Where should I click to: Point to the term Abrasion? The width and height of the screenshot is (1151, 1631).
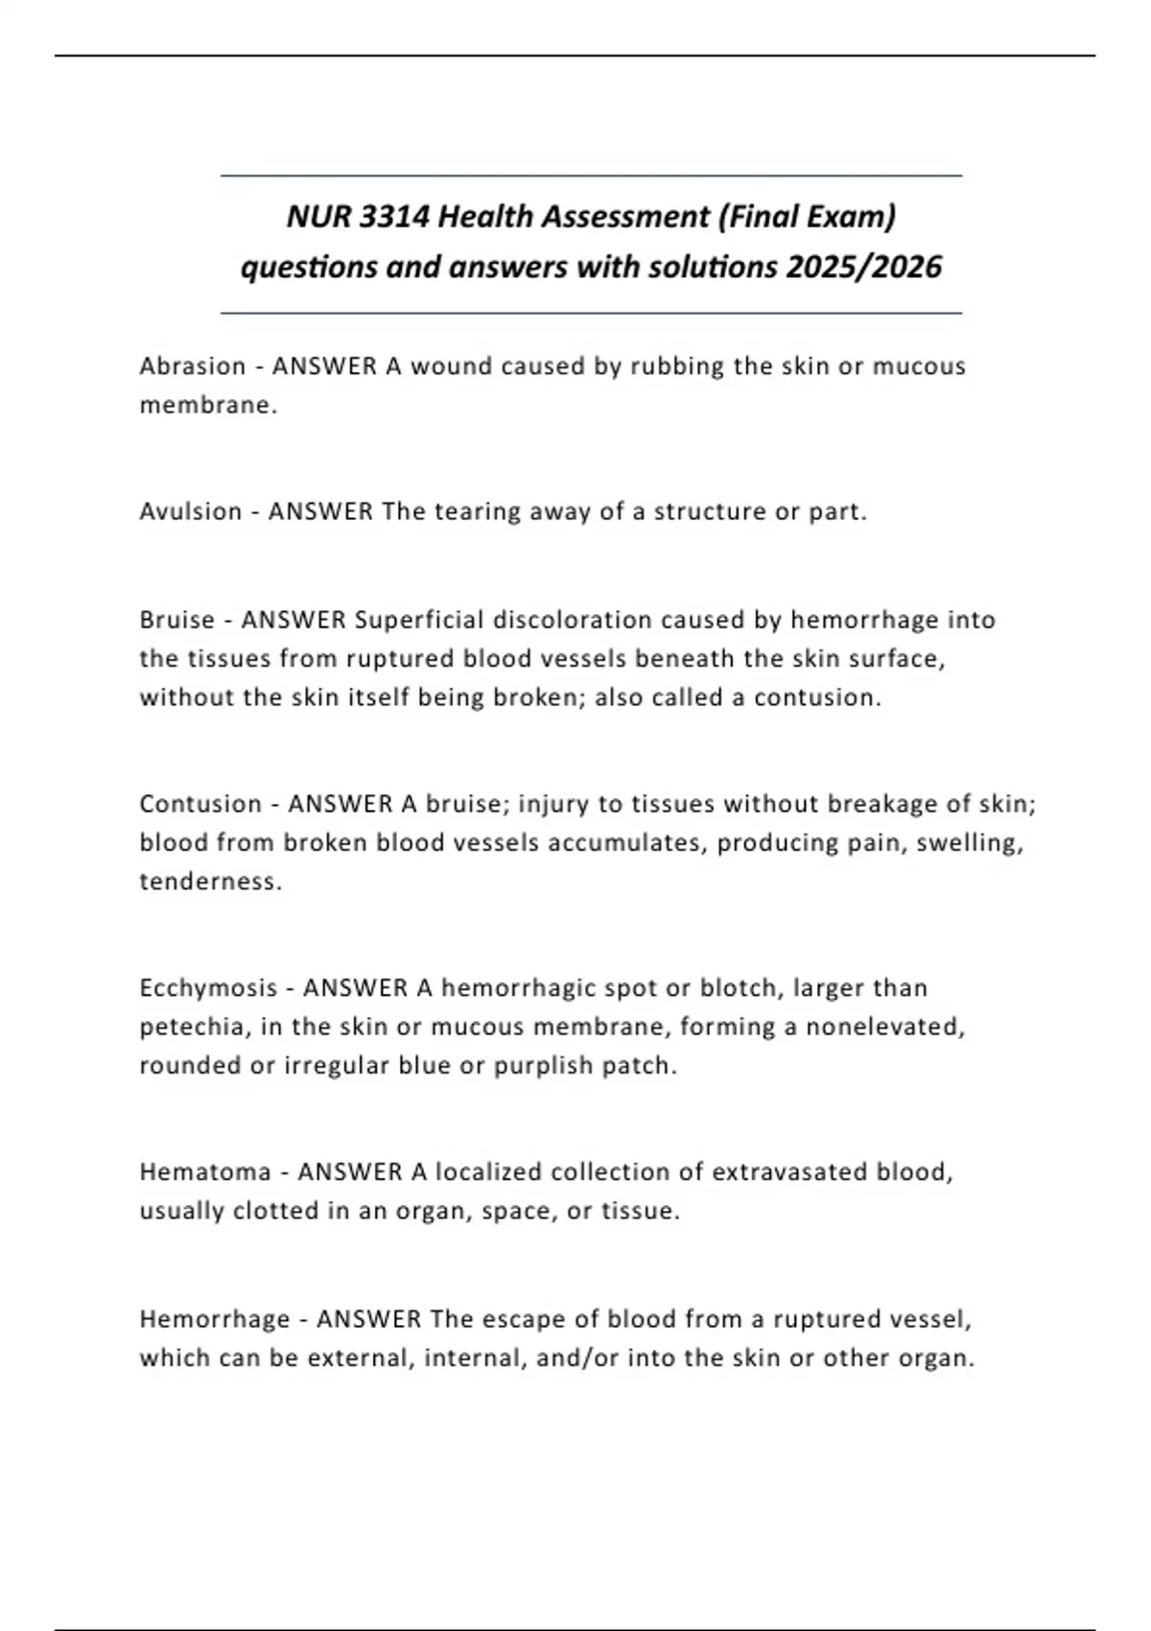193,366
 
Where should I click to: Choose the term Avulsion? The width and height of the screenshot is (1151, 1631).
191,511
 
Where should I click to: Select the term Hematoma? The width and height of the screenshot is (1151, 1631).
205,1171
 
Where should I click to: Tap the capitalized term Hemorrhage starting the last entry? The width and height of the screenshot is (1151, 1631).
215,1319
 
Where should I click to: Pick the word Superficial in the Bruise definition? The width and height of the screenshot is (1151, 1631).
419,620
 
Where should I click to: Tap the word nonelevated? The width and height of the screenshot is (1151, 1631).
884,1027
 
